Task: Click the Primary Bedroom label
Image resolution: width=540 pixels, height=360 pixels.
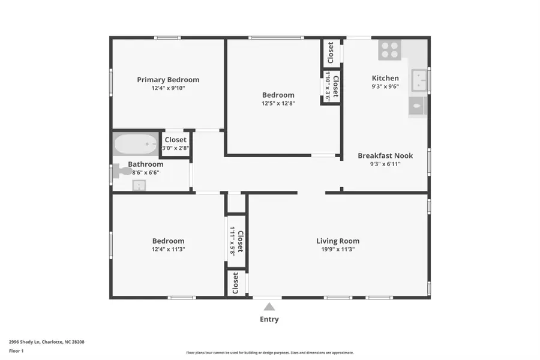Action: pos(168,80)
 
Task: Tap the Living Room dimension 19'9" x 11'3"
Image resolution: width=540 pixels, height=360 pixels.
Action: pos(338,249)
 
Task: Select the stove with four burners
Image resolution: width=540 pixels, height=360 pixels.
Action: pos(389,50)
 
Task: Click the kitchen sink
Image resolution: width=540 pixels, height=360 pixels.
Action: pos(419,80)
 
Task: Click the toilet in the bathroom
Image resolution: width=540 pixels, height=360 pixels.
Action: pos(123,171)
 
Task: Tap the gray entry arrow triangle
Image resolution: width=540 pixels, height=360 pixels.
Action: pos(269,307)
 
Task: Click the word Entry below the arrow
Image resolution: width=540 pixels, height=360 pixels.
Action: pos(269,319)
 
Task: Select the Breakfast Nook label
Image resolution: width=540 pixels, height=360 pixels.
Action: pos(385,155)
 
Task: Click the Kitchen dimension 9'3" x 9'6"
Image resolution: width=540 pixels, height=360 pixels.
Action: pos(385,86)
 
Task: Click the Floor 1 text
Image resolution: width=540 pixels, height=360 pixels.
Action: pos(16,350)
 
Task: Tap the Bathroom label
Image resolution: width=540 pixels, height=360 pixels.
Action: pos(145,164)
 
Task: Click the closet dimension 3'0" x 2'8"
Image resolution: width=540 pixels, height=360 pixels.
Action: pos(176,148)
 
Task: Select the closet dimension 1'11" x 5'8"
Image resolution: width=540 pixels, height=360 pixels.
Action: pos(233,241)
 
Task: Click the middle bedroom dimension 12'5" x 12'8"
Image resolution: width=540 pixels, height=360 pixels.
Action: pos(278,103)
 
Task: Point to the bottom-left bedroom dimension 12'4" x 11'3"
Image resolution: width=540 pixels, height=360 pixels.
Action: pos(168,249)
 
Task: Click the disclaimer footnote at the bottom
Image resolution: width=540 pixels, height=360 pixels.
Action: pos(269,353)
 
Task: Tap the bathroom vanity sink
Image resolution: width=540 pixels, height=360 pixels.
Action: pos(139,185)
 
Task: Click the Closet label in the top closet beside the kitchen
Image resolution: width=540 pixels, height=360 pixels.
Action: pos(331,53)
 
